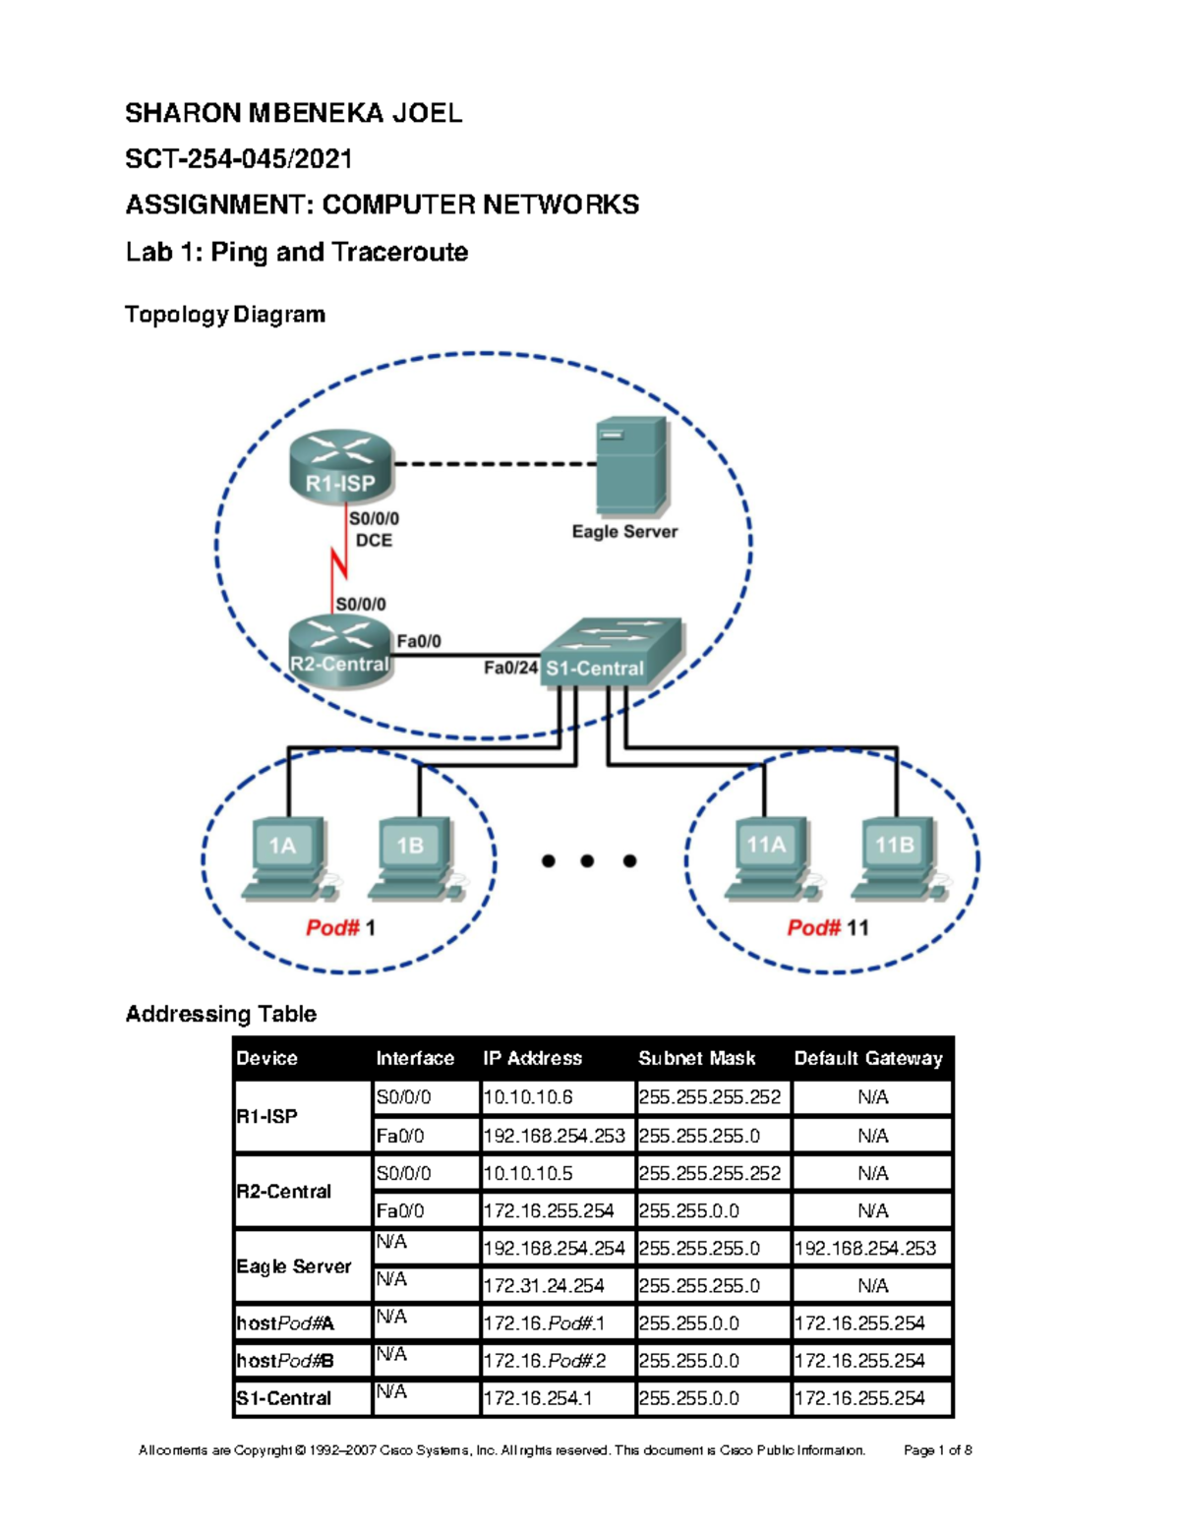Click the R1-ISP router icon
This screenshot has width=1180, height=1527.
click(341, 467)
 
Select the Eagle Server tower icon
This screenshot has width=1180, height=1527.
click(631, 466)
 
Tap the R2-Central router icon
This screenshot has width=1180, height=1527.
click(340, 651)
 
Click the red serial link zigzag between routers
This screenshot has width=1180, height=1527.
click(339, 563)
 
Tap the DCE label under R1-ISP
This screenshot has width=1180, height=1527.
click(374, 540)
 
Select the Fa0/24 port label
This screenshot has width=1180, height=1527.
click(510, 668)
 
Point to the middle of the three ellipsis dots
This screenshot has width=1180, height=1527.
click(587, 861)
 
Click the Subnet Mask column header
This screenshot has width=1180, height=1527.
click(696, 1058)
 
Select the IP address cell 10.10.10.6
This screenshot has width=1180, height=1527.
click(528, 1097)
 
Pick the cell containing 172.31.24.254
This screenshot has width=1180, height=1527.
click(544, 1286)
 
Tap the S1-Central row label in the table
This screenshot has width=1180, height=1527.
click(283, 1398)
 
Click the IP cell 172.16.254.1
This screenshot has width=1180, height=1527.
click(537, 1398)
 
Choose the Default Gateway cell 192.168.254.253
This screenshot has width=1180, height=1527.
click(864, 1249)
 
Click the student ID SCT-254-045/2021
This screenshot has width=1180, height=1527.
click(239, 158)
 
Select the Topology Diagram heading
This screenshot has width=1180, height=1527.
click(225, 315)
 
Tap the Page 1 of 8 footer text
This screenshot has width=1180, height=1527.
click(937, 1449)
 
